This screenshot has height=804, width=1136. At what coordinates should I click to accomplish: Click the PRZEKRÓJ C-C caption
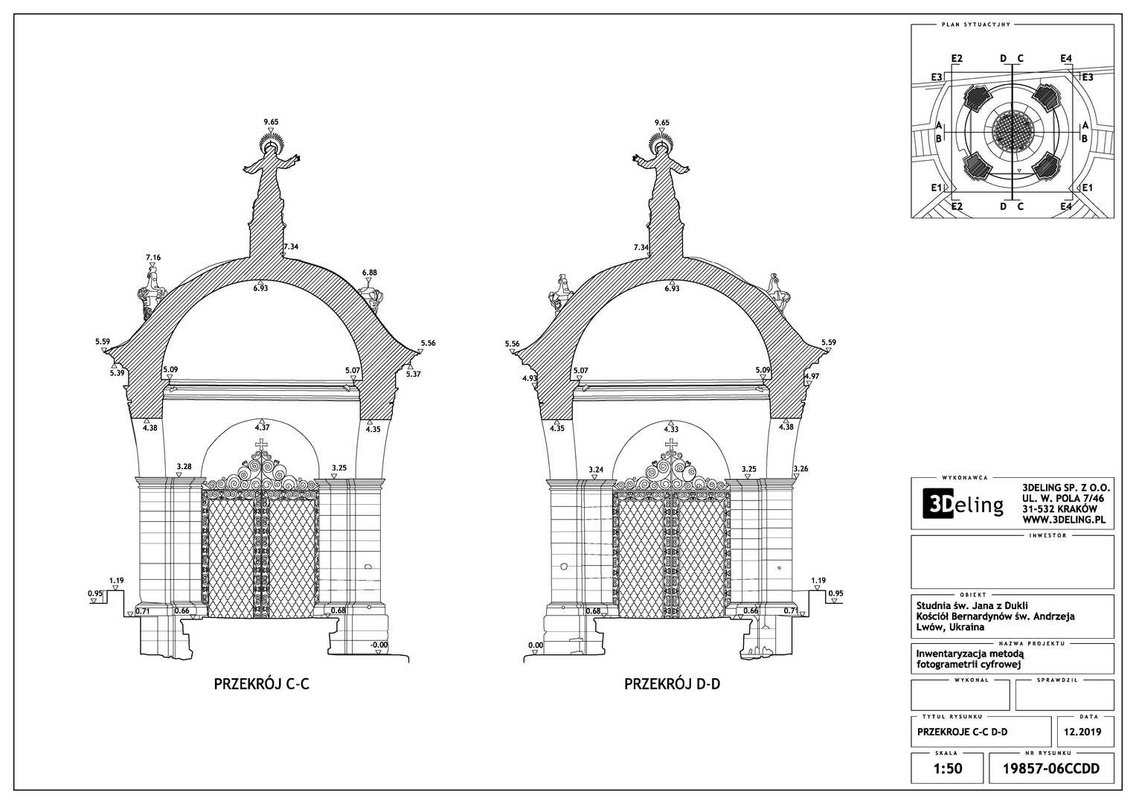click(x=261, y=683)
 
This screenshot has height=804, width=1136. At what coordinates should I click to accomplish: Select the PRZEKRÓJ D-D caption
click(x=672, y=683)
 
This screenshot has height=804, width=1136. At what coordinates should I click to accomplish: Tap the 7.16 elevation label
click(x=153, y=258)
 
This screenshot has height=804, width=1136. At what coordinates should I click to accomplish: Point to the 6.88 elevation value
click(x=369, y=272)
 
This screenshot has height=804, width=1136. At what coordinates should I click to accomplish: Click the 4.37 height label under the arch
click(x=262, y=428)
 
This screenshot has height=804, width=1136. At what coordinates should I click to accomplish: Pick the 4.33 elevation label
click(x=671, y=430)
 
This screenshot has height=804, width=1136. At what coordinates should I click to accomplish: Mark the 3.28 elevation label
click(x=184, y=467)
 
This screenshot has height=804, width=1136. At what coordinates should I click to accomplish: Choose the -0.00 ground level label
click(x=379, y=645)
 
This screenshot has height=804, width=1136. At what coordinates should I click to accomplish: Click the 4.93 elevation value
click(x=530, y=378)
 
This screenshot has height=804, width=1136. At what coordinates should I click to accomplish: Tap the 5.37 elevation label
click(x=413, y=374)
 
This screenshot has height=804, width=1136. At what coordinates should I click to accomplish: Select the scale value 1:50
click(x=947, y=768)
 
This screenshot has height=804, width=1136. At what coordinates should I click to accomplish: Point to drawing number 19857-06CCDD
click(x=1050, y=768)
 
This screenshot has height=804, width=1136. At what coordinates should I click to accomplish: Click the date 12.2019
click(x=1082, y=732)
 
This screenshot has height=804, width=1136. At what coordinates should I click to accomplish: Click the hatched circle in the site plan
click(x=1013, y=131)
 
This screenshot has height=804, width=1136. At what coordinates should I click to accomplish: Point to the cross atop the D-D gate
click(x=672, y=445)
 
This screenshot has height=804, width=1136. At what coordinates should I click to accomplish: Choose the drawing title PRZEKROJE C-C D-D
click(x=963, y=732)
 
